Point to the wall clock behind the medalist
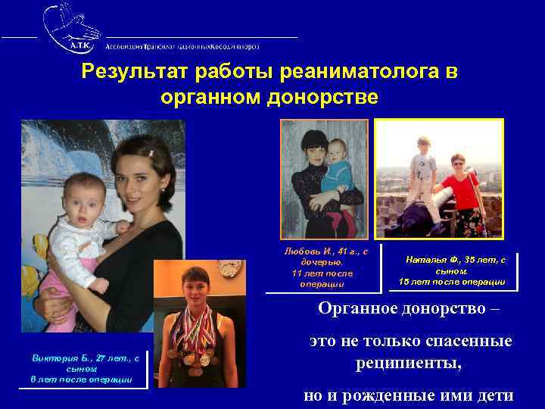click(228, 269)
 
